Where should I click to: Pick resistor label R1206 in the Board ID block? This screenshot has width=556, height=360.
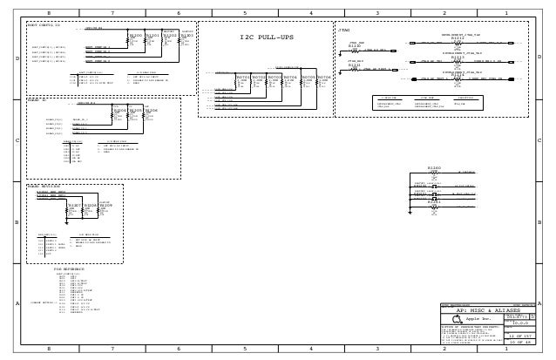click(151, 111)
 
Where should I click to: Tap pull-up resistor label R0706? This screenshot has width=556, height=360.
click(324, 77)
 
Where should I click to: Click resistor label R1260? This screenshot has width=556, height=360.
click(434, 167)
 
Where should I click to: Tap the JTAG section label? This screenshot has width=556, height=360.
click(343, 30)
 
